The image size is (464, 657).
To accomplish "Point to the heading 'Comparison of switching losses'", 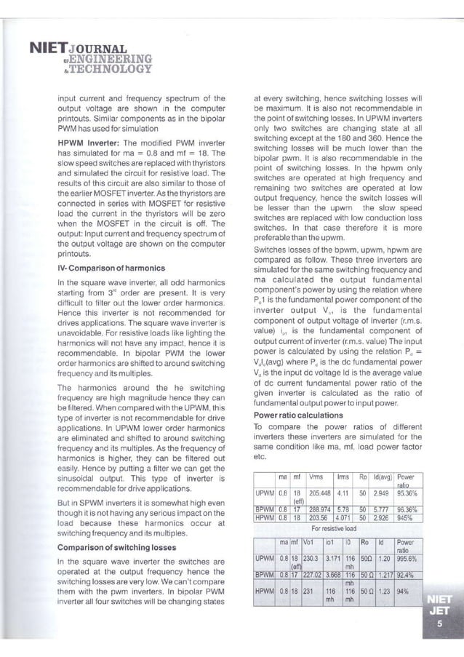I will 116,546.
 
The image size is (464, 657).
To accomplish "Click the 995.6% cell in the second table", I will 409,560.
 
